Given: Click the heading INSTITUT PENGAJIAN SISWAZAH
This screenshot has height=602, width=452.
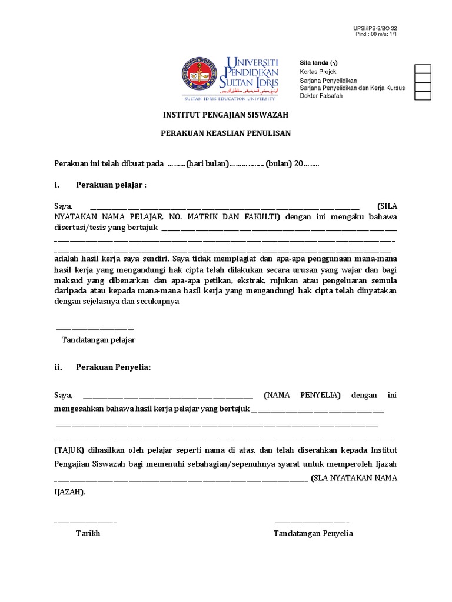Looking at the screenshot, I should coord(226,115).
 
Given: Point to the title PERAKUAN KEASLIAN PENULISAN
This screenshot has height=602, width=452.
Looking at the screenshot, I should coord(226,133).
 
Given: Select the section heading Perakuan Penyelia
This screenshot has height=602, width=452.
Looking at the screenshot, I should coord(114,367).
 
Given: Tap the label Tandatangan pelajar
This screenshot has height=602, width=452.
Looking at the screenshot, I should coord(99,340).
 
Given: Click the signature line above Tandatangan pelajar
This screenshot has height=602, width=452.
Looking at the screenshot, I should coord(95,328).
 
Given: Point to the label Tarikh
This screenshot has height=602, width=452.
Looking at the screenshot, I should coord(88,534).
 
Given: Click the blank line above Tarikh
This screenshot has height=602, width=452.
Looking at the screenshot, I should coord(85,521).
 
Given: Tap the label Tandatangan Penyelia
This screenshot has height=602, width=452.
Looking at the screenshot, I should coord(313,534).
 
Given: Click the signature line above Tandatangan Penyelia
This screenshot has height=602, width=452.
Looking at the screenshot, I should coord(312,521).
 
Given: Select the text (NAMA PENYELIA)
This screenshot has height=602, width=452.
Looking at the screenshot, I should coord(303,396).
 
